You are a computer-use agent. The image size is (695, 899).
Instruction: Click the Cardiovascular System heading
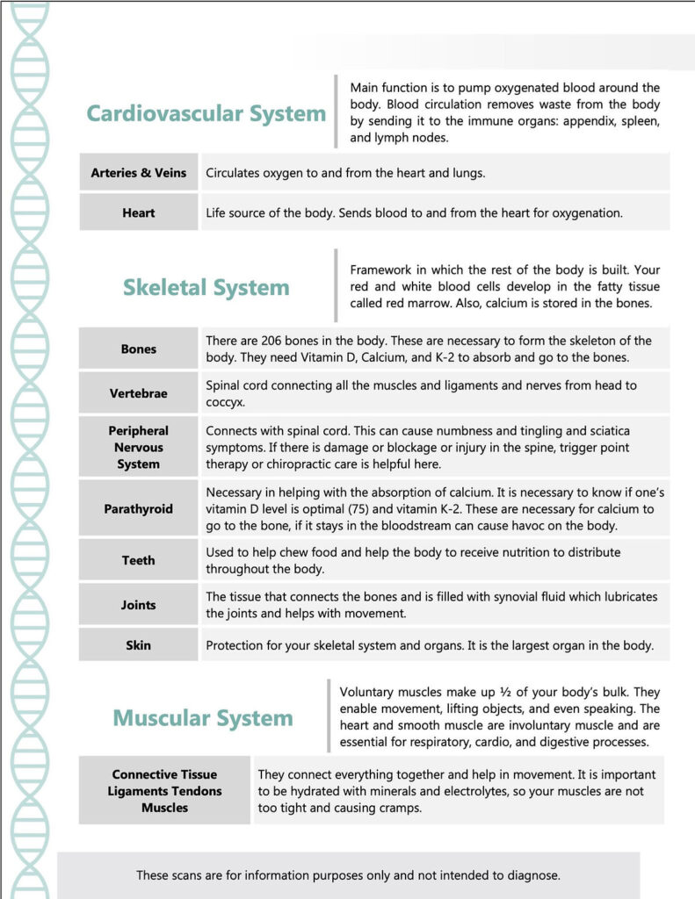[206, 113]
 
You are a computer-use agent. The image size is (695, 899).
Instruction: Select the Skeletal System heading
[206, 287]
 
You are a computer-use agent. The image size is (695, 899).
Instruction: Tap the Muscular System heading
[203, 718]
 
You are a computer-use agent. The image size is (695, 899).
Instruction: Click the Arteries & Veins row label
[139, 173]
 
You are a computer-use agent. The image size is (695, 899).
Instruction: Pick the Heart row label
[139, 212]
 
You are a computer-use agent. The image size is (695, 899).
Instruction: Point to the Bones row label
[139, 349]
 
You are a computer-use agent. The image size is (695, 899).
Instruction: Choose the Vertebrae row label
[139, 393]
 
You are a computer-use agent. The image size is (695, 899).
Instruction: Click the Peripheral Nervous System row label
[139, 447]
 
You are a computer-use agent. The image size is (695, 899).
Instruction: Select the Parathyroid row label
[139, 508]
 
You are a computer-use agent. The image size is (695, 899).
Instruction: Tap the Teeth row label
[139, 560]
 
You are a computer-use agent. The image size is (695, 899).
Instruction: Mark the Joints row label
[139, 605]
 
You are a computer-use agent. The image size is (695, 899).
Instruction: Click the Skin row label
[139, 645]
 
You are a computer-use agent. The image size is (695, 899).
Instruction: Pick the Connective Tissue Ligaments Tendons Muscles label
[164, 791]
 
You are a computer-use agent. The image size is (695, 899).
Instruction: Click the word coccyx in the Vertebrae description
[227, 402]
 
